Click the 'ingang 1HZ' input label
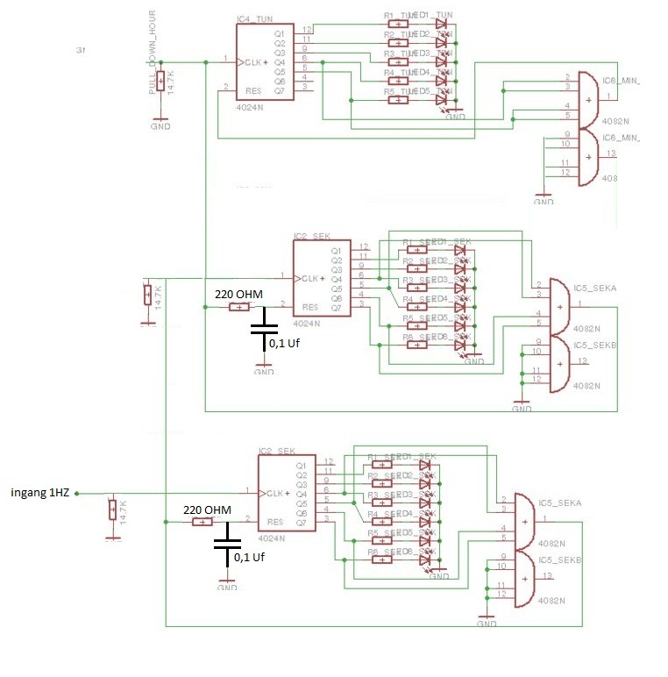click(39, 493)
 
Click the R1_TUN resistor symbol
click(399, 24)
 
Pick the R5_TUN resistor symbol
click(399, 101)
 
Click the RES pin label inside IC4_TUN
click(254, 90)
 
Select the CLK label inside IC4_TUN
click(253, 62)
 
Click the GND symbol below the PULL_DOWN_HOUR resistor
click(160, 123)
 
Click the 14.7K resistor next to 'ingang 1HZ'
click(112, 510)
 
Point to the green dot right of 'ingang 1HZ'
click(77, 493)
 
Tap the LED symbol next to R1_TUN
click(440, 24)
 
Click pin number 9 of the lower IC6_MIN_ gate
click(567, 132)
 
